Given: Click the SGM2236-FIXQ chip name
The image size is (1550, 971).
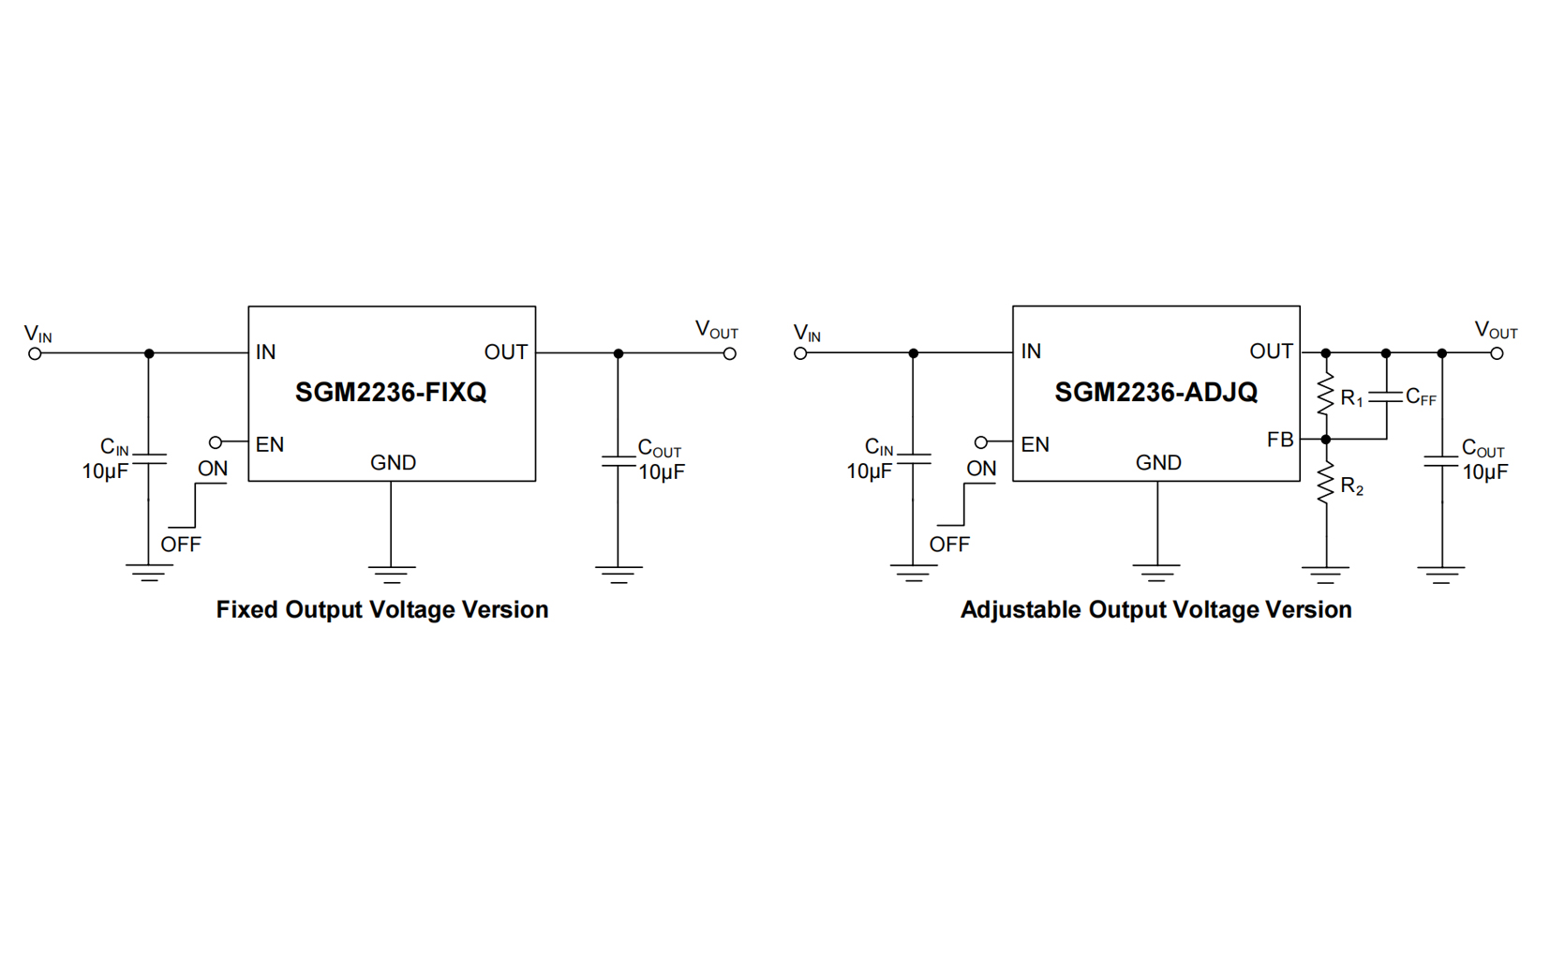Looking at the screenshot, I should (391, 392).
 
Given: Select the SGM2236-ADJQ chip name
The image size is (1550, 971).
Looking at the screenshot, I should (1155, 392).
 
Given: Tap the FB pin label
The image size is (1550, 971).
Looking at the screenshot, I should (1279, 440).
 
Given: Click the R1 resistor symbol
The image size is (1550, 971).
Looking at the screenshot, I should (1325, 396).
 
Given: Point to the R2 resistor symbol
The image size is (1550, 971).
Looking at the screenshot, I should (1325, 485).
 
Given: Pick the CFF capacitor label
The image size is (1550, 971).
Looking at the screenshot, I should (1421, 397).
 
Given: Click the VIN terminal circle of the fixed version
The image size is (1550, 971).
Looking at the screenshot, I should (36, 353).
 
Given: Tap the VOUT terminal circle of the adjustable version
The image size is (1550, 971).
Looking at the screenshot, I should (1497, 353).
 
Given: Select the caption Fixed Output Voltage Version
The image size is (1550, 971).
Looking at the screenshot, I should (382, 609).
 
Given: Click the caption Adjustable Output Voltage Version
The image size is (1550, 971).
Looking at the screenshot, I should (1155, 609).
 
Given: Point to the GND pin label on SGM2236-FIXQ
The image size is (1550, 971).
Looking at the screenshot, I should (393, 463).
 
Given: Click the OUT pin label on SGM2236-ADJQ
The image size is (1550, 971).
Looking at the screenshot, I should (1271, 351).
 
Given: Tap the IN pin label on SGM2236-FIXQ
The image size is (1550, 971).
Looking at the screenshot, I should (266, 352).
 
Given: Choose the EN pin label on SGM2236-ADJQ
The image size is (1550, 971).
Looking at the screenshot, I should (1035, 444).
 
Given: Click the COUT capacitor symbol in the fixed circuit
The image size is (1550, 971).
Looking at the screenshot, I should (618, 460).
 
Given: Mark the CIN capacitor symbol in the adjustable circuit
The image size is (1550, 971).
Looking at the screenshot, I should (913, 458).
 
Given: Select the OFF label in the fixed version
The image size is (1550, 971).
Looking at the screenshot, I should (181, 545).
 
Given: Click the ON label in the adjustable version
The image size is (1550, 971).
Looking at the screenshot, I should (981, 469).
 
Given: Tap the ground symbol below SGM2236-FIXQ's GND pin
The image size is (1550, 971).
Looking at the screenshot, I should (391, 573).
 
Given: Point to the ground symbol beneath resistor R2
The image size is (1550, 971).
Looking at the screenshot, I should (1325, 573).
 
